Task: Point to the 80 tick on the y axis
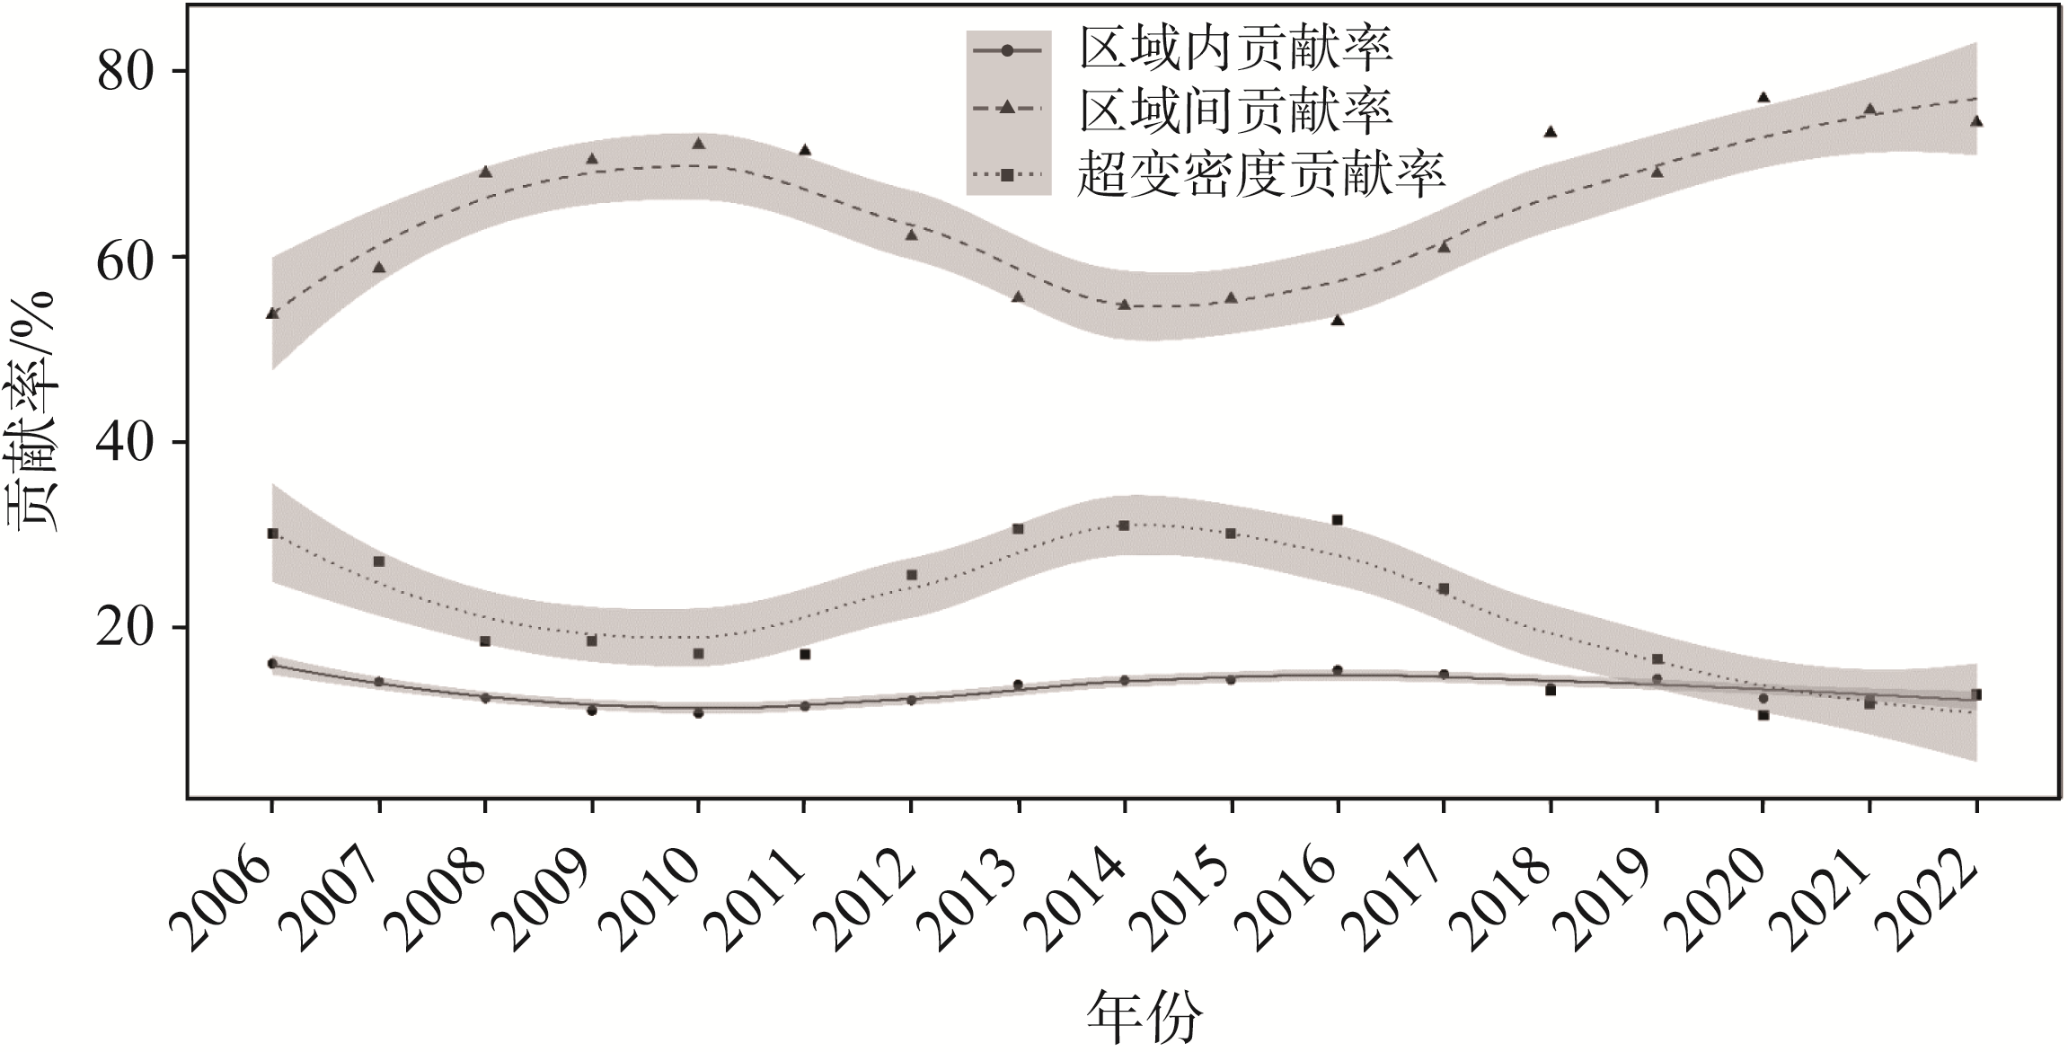[131, 72]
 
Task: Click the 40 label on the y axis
[131, 442]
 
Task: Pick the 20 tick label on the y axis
[131, 628]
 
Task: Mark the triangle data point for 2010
[698, 143]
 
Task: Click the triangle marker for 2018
[1550, 131]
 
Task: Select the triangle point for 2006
[272, 313]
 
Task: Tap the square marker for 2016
[1337, 520]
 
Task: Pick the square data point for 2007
[379, 561]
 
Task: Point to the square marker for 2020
[1763, 715]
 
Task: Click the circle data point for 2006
[272, 663]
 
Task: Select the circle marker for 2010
[698, 712]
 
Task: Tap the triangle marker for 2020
[1763, 97]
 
